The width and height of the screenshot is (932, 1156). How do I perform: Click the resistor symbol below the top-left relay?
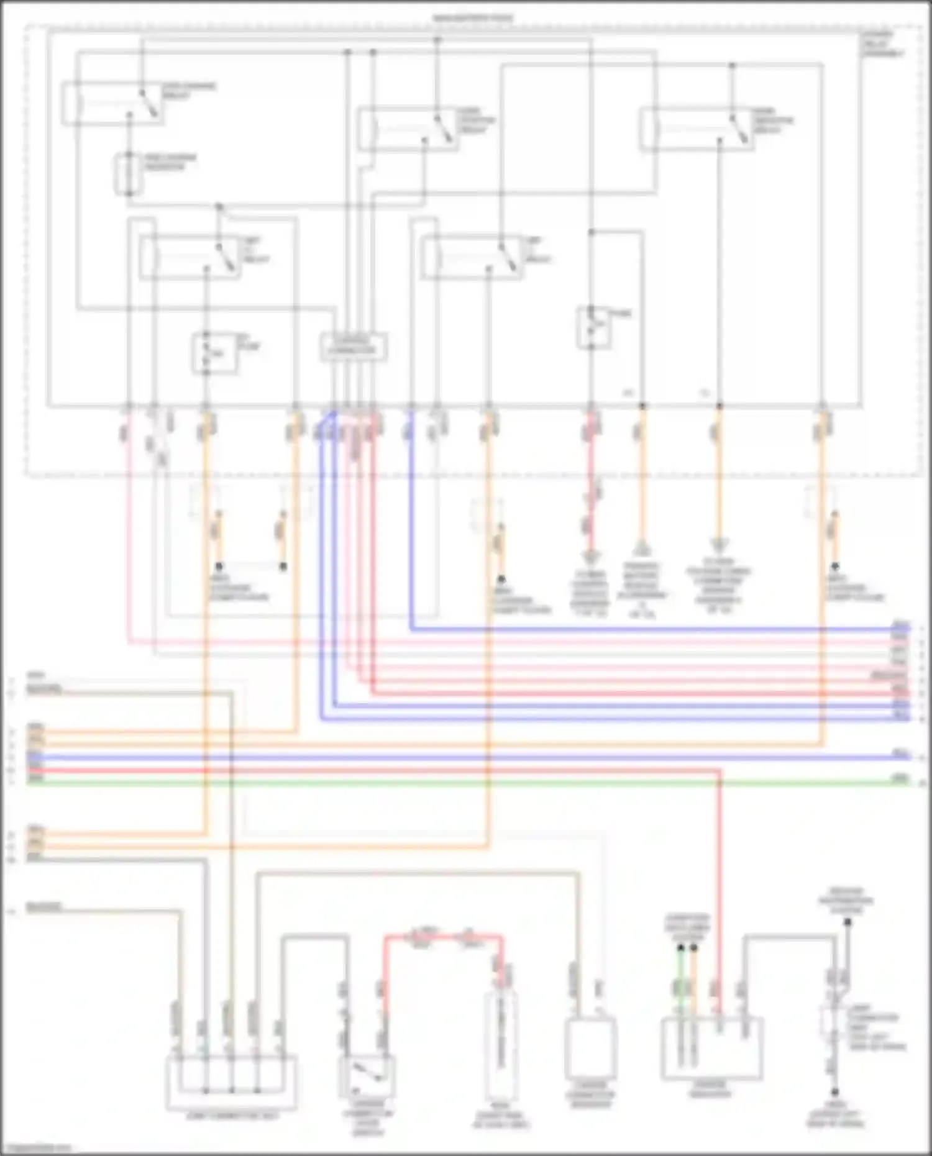(129, 173)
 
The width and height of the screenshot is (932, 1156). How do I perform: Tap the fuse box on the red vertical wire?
(592, 327)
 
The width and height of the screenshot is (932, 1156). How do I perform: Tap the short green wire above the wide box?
(681, 981)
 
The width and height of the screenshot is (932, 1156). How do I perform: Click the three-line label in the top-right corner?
(882, 45)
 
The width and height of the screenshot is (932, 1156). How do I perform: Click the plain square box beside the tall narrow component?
(590, 1049)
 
